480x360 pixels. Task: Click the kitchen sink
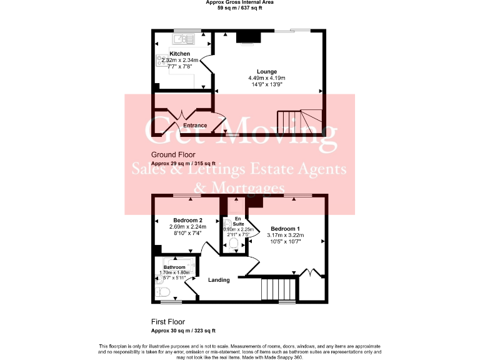point(185,39)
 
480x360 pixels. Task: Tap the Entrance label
point(194,126)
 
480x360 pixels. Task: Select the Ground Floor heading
point(173,154)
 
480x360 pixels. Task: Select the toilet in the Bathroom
point(160,290)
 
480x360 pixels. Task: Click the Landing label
point(219,280)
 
